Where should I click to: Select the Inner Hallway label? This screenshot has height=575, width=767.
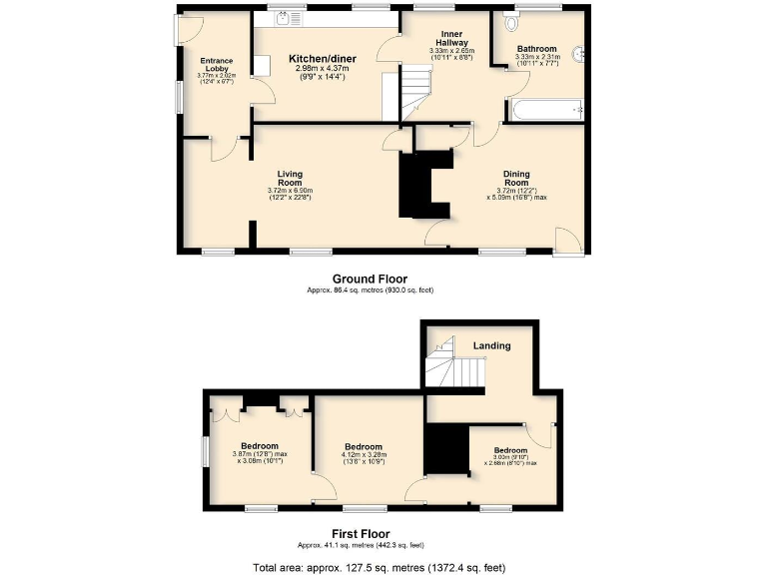point(451,38)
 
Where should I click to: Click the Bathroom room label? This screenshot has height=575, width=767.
point(537,48)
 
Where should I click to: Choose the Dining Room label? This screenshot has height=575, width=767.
point(515,179)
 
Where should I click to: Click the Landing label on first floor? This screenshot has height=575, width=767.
point(492,346)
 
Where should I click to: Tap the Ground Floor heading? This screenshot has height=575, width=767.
point(370,279)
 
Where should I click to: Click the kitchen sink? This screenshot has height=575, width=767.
point(285,17)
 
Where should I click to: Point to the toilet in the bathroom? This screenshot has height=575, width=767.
point(513,21)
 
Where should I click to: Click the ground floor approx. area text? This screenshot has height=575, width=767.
point(370,290)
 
